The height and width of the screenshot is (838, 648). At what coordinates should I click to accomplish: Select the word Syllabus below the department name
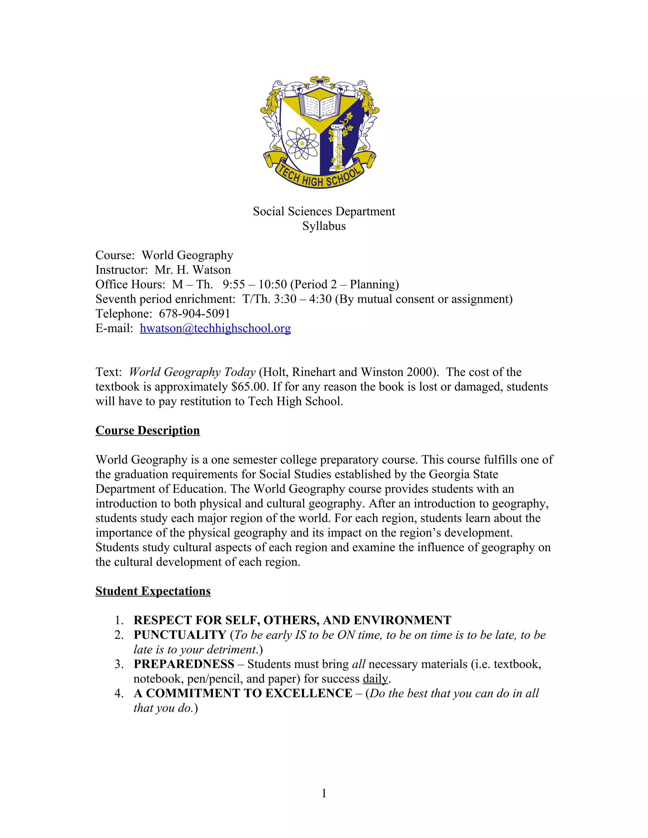(x=324, y=226)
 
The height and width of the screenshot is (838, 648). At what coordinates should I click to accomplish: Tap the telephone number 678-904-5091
(x=194, y=313)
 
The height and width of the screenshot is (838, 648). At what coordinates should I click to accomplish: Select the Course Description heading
(x=147, y=430)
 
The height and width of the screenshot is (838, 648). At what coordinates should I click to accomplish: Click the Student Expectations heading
(x=153, y=591)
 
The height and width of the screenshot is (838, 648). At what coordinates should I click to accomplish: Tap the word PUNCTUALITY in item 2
(x=180, y=635)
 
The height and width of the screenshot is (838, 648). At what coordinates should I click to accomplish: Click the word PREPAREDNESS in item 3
(x=184, y=664)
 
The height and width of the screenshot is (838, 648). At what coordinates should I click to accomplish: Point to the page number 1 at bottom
(x=324, y=793)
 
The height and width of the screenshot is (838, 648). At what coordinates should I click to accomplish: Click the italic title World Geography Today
(x=192, y=372)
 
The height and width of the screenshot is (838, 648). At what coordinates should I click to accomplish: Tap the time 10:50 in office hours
(x=272, y=284)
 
